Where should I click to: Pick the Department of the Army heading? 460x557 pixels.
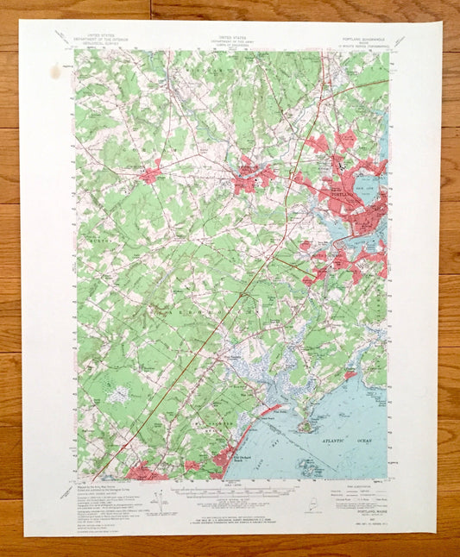(x=230, y=41)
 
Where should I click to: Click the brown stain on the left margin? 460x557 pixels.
(x=57, y=72)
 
